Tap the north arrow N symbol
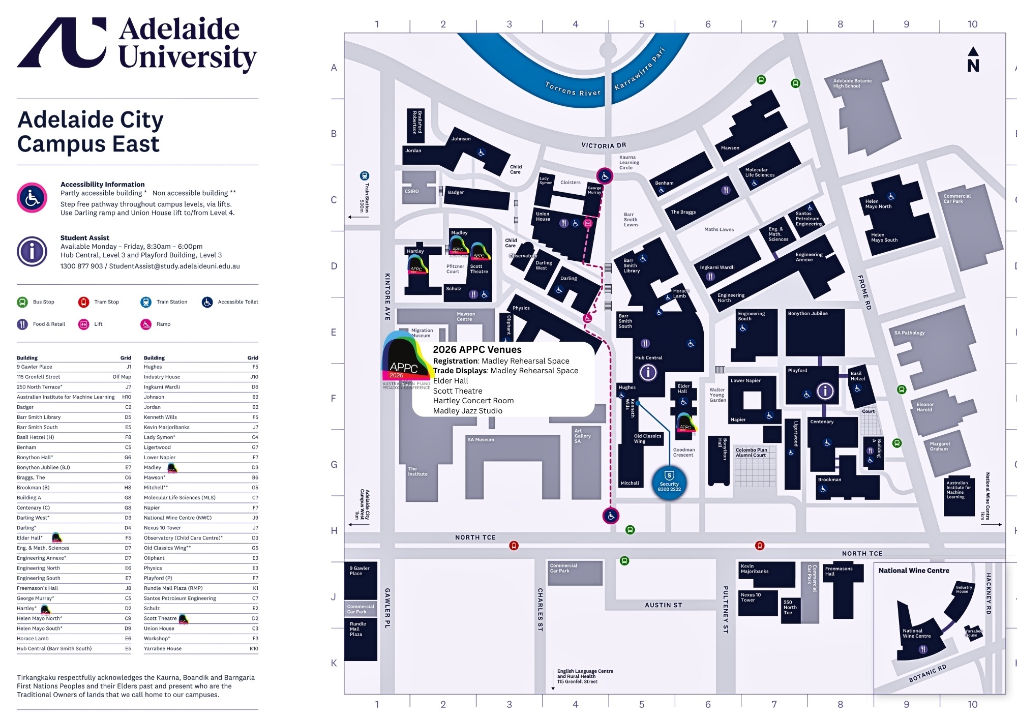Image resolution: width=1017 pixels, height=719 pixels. point(973,60)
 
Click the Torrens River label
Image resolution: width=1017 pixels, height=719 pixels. point(573,89)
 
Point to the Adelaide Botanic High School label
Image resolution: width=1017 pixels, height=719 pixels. point(852,83)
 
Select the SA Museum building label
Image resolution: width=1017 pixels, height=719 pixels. point(481,439)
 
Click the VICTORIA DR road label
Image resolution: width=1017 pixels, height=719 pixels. point(604,145)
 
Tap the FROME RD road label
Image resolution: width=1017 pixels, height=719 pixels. point(864,292)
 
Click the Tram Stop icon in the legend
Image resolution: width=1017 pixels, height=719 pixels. point(84,302)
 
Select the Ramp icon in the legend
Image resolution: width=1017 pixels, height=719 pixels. point(146,324)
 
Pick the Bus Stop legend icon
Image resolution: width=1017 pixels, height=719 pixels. point(22,302)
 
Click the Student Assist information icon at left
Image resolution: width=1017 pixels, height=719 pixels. point(32,251)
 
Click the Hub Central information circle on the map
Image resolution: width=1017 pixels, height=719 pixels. point(648,373)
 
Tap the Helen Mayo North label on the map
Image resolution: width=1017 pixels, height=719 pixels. point(878,204)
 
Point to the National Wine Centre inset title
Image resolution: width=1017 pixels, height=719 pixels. point(914,571)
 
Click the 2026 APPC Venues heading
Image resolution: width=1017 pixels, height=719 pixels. point(477,349)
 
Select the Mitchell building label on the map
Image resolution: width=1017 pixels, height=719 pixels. point(630,483)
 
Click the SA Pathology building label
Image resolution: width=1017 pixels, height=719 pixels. point(909,333)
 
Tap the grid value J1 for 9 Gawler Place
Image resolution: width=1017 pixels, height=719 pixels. point(129,367)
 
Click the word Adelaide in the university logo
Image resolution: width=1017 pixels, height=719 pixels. point(179,29)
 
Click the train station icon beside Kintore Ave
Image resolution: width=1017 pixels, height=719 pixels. point(364,176)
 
